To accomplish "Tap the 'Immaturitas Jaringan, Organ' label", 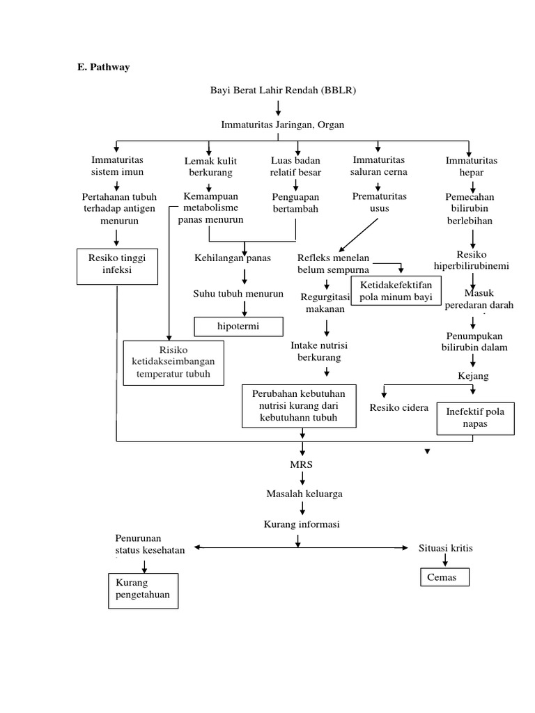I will tap(282, 125).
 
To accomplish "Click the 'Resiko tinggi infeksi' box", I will tap(116, 264).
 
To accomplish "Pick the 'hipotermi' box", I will tap(239, 326).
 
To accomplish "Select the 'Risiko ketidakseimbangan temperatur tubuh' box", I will tap(173, 362).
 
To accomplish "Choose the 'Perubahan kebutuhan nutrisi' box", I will tap(298, 405).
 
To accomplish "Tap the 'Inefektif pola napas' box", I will tap(475, 417).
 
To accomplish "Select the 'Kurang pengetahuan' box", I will tap(143, 589).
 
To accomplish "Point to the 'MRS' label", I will tap(302, 462).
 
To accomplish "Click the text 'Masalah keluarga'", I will tap(304, 494).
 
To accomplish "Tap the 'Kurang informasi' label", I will tap(301, 524).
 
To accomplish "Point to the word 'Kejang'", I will tap(473, 376).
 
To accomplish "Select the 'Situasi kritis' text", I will tap(445, 548).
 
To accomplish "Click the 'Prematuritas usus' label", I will tap(380, 202).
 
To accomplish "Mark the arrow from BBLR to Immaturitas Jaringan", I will tap(279, 107).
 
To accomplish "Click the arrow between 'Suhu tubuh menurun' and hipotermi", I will tap(245, 308).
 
